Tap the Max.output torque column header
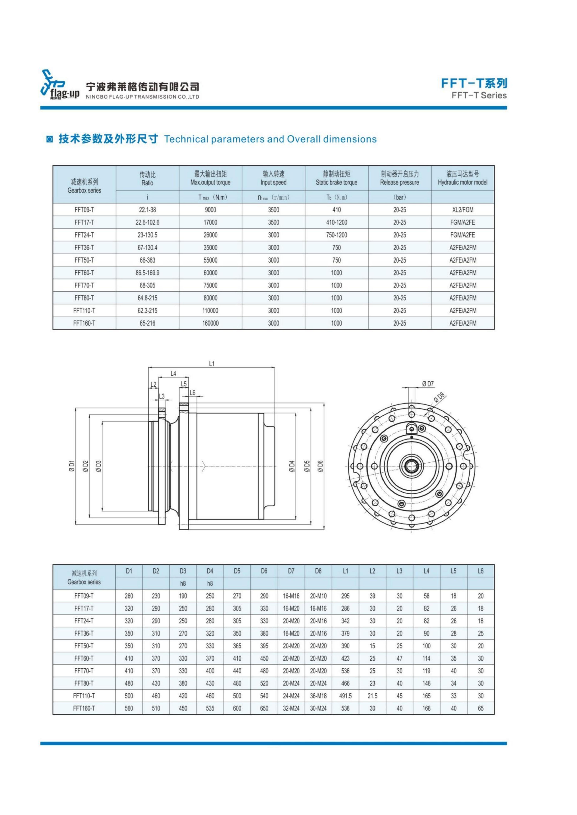point(210,183)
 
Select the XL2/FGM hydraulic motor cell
point(463,210)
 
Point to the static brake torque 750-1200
point(336,235)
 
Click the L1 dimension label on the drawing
point(212,363)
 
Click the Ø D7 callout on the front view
point(428,384)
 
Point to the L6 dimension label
point(192,393)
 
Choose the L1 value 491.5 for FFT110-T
point(345,696)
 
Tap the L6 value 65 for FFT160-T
point(480,708)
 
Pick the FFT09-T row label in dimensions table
point(84,596)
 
